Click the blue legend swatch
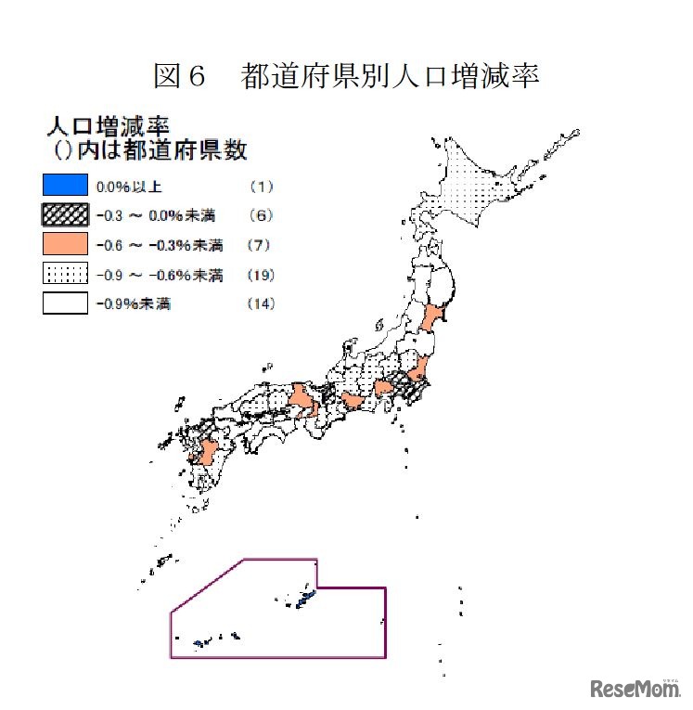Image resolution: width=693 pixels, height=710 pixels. pos(65,186)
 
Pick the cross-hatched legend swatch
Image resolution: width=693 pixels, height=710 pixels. pos(65,215)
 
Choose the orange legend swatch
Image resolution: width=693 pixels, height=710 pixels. pos(65,245)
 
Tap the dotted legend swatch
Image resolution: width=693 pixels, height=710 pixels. pos(65,275)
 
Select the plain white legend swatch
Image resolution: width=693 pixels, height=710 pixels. pos(65,303)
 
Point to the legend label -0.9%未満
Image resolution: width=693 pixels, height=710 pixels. pos(134,303)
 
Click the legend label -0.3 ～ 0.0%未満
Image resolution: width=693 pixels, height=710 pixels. pos(155,215)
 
